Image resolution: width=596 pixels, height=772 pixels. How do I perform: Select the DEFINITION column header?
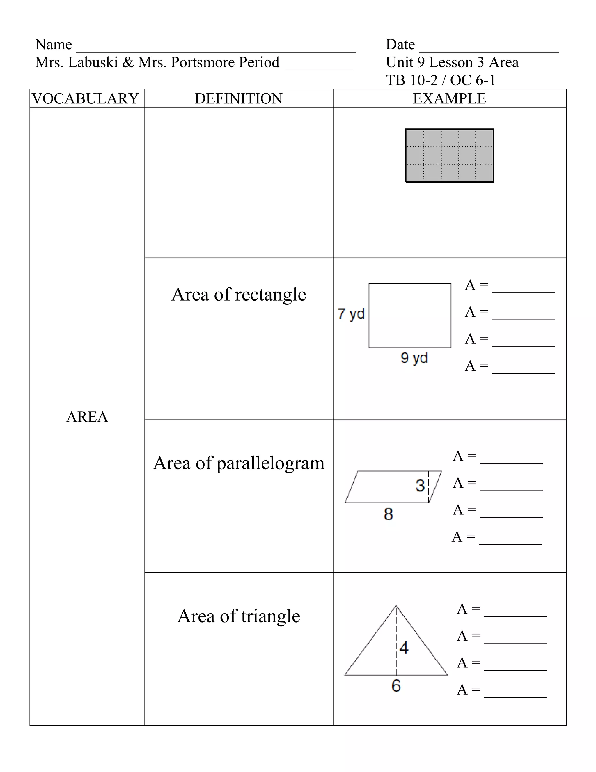(x=238, y=99)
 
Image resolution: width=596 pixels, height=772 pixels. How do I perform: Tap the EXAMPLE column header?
(x=449, y=99)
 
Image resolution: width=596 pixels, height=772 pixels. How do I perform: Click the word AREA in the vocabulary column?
(x=87, y=417)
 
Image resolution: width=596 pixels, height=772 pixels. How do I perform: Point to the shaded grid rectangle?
(x=449, y=156)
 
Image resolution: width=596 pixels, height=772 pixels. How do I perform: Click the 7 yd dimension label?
(x=351, y=313)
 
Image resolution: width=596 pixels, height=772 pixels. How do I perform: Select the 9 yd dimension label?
(x=414, y=358)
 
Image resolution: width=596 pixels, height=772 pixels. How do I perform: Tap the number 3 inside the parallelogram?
(x=420, y=485)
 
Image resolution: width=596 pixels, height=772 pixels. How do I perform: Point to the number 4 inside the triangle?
(x=404, y=648)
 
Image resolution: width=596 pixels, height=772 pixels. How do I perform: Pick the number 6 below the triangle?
(x=396, y=686)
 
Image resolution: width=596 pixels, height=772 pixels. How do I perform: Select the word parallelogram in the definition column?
(x=270, y=463)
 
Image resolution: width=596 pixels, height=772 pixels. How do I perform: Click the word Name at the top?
(x=53, y=45)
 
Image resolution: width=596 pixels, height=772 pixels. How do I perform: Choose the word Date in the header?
(x=400, y=45)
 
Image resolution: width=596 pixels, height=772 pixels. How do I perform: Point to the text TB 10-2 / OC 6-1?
(x=440, y=80)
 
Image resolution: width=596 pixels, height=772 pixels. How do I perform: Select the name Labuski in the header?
(x=93, y=62)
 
